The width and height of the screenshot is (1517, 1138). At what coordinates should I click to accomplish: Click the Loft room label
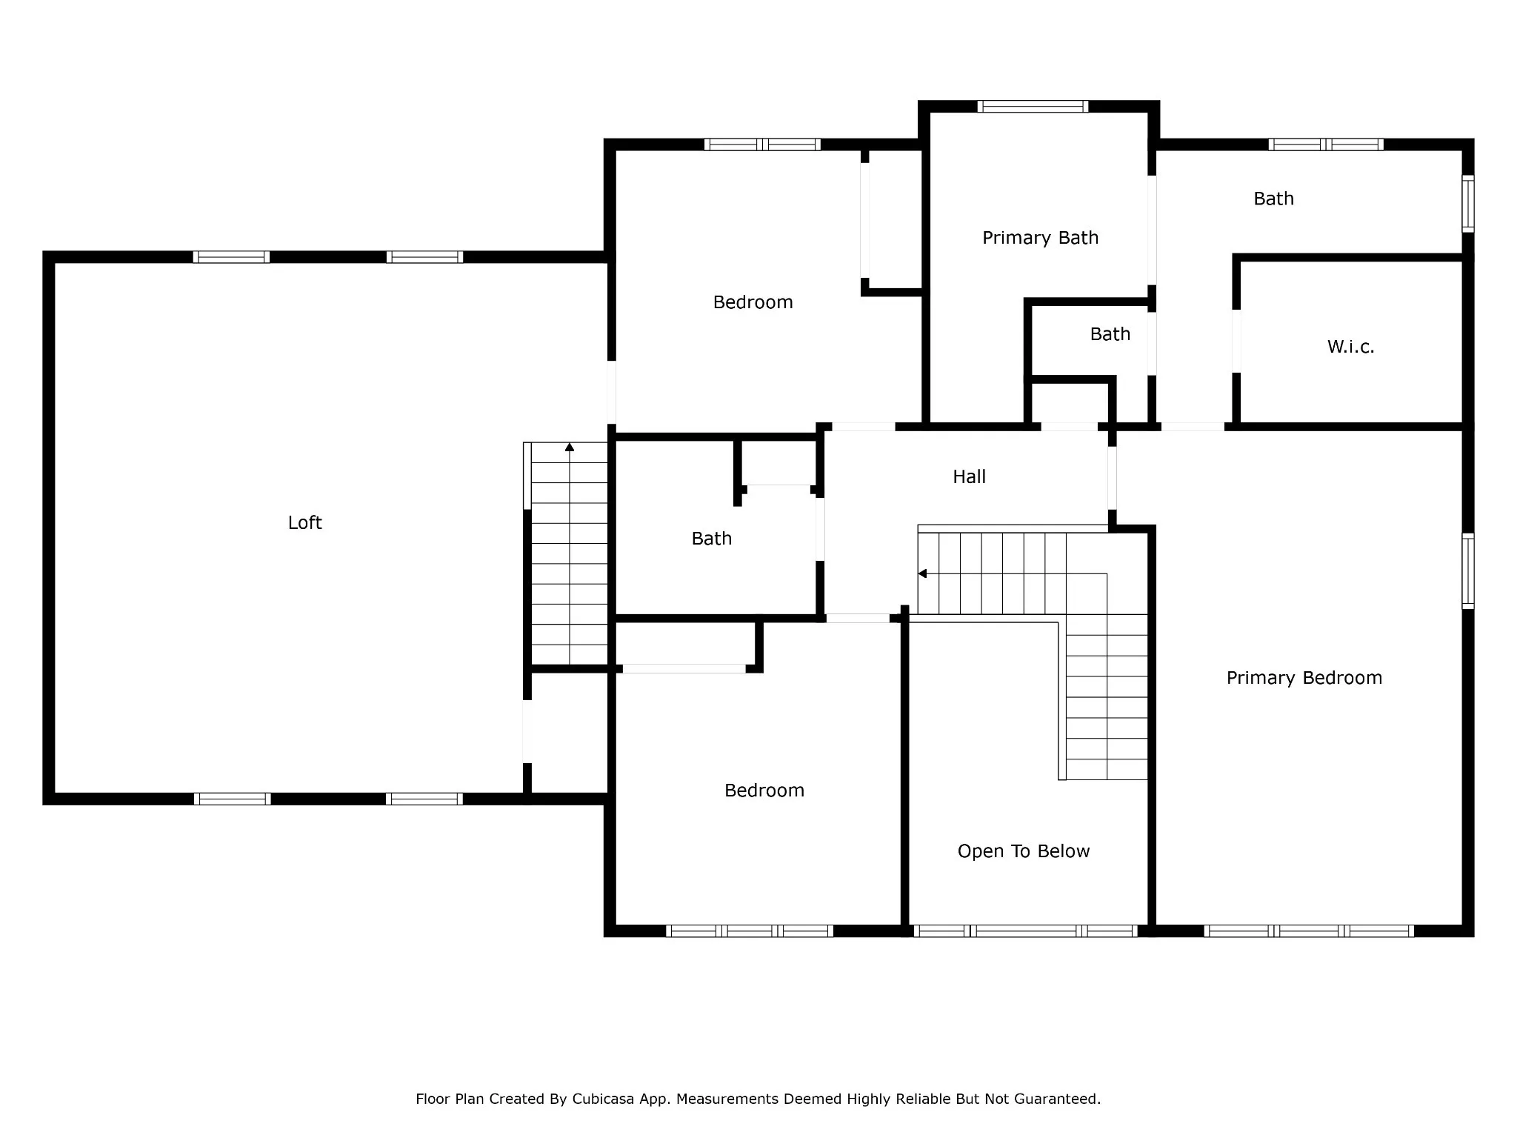[x=304, y=523]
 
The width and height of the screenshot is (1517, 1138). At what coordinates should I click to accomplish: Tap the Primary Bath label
[x=1040, y=238]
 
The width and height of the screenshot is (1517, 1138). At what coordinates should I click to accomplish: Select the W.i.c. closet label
[x=1350, y=347]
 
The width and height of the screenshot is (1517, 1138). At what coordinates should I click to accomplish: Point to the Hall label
[x=969, y=476]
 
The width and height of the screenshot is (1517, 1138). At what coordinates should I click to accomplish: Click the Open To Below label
[x=1024, y=851]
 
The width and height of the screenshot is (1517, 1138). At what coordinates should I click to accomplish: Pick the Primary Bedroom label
[x=1304, y=678]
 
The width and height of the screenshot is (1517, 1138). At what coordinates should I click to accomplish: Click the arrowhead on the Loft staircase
[x=570, y=447]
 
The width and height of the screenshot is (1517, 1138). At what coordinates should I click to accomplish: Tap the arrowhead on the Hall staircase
[x=922, y=573]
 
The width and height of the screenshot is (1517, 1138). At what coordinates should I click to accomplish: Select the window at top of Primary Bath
[x=1033, y=106]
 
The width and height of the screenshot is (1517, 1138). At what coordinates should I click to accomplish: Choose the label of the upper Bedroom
[x=753, y=302]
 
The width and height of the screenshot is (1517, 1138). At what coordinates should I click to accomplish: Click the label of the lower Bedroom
[x=764, y=791]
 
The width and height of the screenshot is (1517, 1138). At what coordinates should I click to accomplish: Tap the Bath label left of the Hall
[x=712, y=539]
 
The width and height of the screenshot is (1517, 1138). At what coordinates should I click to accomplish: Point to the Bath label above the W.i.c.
[x=1274, y=199]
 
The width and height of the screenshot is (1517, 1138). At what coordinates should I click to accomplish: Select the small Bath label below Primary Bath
[x=1110, y=334]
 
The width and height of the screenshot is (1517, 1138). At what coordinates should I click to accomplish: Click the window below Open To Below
[x=1025, y=931]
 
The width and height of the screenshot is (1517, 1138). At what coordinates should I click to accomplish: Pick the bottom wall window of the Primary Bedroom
[x=1309, y=931]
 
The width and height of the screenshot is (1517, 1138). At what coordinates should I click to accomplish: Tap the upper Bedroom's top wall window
[x=762, y=144]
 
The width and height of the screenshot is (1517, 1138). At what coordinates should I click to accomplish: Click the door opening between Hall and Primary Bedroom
[x=1112, y=477]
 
